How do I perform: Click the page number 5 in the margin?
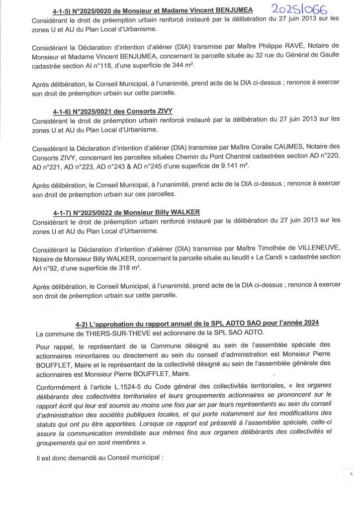pos(352,475)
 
